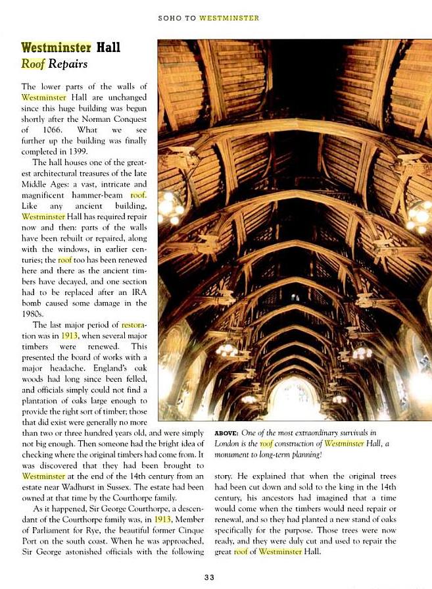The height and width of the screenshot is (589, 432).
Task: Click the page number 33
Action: point(208,577)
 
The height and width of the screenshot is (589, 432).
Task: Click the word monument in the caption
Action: point(233,455)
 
